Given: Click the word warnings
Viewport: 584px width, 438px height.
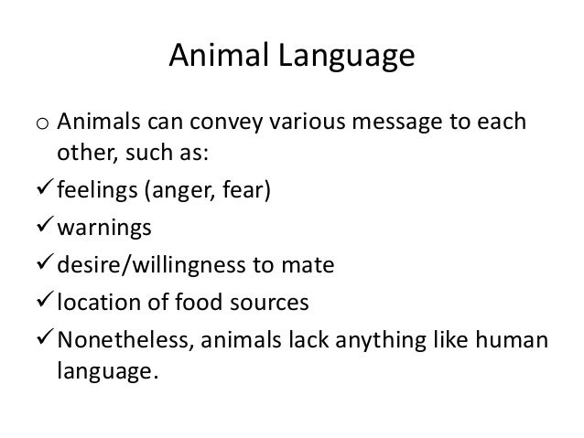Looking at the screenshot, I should point(103,230).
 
